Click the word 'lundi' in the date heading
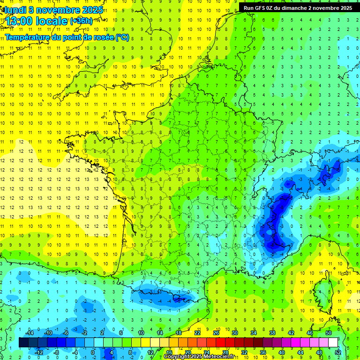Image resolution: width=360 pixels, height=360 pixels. point(15,10)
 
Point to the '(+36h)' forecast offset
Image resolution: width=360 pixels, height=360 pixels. point(81,21)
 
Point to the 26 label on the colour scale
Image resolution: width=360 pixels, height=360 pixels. point(216,333)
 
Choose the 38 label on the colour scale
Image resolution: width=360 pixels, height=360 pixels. point(272,333)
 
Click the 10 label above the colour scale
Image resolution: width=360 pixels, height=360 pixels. point(141,333)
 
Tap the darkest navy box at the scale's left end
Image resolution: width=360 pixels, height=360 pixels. point(23,343)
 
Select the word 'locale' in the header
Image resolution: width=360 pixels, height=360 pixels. point(51,22)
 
